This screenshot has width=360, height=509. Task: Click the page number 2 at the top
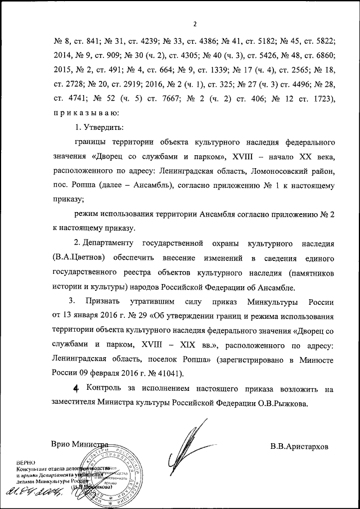[x=194, y=24]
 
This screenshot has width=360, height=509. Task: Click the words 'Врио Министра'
[x=78, y=445]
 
